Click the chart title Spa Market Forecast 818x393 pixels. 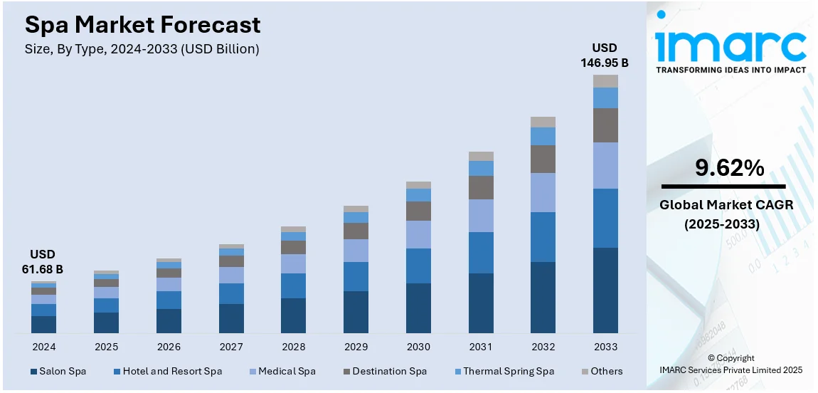coord(143,26)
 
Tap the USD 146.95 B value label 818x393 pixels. coord(605,56)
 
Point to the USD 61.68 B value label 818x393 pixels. coord(42,261)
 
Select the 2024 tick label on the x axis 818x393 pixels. coord(43,347)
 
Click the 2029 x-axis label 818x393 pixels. coord(356,347)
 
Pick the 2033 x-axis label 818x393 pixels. coord(605,347)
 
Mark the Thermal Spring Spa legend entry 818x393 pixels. coord(504,371)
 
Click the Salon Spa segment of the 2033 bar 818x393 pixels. coord(605,290)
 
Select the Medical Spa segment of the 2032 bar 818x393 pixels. coord(543,192)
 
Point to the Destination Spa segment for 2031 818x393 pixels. coord(481,187)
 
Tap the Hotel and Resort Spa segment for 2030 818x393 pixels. coord(418,266)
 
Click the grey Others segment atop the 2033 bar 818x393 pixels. coord(605,81)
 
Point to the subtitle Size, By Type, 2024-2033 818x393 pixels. coord(142,49)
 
